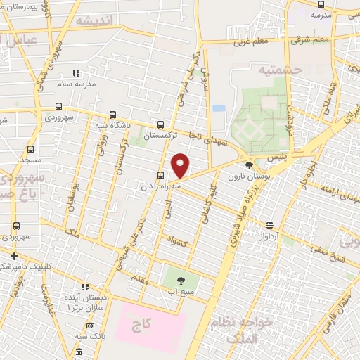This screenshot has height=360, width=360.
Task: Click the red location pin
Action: [181, 165]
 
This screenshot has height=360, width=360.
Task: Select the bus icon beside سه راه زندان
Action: [161, 175]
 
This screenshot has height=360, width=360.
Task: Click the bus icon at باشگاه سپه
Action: [113, 116]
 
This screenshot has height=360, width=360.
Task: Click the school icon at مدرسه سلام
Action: [77, 73]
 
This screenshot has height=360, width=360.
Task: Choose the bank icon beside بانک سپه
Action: [91, 326]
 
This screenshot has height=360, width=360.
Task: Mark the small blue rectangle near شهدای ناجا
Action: [219, 109]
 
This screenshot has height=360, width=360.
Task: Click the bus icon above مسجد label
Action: [30, 149]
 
